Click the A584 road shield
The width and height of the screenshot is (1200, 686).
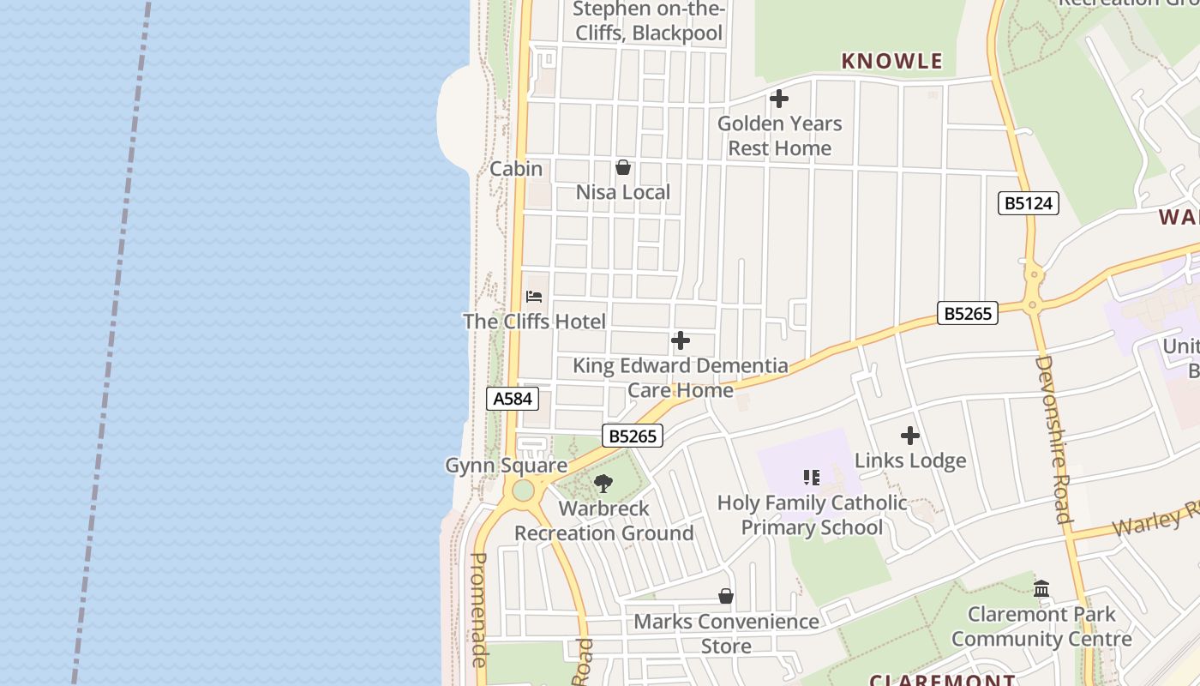tap(513, 399)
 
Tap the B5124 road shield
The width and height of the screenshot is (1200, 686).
tap(1029, 203)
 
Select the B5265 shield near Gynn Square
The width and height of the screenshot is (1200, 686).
tap(633, 436)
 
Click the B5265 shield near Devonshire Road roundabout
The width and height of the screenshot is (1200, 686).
tap(968, 313)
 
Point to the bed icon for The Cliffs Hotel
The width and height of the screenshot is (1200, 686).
tap(534, 297)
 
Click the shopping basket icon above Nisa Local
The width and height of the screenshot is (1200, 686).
tap(623, 167)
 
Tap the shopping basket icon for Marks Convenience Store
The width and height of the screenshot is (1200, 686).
tap(726, 596)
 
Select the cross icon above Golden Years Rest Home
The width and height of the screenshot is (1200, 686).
tap(779, 99)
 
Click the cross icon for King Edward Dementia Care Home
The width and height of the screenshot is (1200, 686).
tap(681, 340)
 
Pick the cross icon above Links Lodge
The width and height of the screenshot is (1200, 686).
tap(910, 436)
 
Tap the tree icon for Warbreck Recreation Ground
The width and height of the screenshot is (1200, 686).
tap(603, 483)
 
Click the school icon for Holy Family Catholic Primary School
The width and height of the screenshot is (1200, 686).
tap(812, 477)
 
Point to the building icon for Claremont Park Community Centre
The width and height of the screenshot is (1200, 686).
tap(1041, 588)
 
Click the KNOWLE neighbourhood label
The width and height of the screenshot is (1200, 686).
tap(891, 61)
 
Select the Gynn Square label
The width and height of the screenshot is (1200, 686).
tap(506, 466)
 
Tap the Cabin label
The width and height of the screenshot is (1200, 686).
tap(516, 169)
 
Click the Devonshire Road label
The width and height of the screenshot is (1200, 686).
tap(1053, 439)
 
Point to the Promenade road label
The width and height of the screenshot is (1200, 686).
tap(479, 609)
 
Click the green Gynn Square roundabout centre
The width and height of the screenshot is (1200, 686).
tap(522, 491)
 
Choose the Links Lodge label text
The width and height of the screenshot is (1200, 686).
tap(910, 460)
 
